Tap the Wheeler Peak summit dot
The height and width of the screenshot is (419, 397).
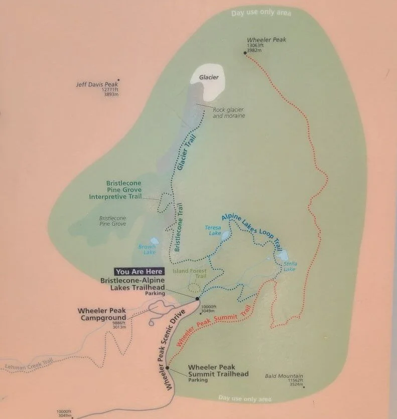click(245, 52)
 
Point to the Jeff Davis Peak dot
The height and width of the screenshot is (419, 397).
click(118, 80)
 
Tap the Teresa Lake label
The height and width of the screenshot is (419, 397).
click(213, 230)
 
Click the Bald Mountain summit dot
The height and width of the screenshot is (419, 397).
click(304, 387)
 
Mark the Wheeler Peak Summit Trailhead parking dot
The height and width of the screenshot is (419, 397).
click(168, 369)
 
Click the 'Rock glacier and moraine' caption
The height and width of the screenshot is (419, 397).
click(229, 113)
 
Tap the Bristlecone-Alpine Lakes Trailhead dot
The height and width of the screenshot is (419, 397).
click(197, 299)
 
